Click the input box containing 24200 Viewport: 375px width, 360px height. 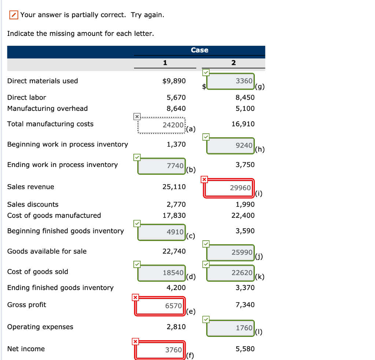[161, 125]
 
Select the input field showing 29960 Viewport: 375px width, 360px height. [229, 188]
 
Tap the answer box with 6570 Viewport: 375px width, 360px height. [160, 306]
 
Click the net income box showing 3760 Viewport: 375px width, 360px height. [160, 350]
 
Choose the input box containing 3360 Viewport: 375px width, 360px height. [230, 81]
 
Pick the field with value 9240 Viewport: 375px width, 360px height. [230, 145]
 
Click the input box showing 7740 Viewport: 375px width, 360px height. [161, 166]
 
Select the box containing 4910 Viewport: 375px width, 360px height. [161, 232]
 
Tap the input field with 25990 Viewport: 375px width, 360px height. [230, 252]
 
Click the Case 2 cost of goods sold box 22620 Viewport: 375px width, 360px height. [230, 273]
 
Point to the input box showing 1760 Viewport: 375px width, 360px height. [230, 328]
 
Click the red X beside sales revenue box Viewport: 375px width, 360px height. [204, 179]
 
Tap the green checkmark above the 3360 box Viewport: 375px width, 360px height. [206, 73]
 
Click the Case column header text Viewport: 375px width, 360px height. [200, 50]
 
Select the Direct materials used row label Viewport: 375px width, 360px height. [42, 81]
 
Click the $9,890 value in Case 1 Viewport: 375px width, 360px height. [174, 81]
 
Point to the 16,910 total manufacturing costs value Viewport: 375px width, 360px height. [243, 124]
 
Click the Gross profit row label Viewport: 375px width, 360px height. [27, 305]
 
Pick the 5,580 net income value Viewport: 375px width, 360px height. [245, 349]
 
